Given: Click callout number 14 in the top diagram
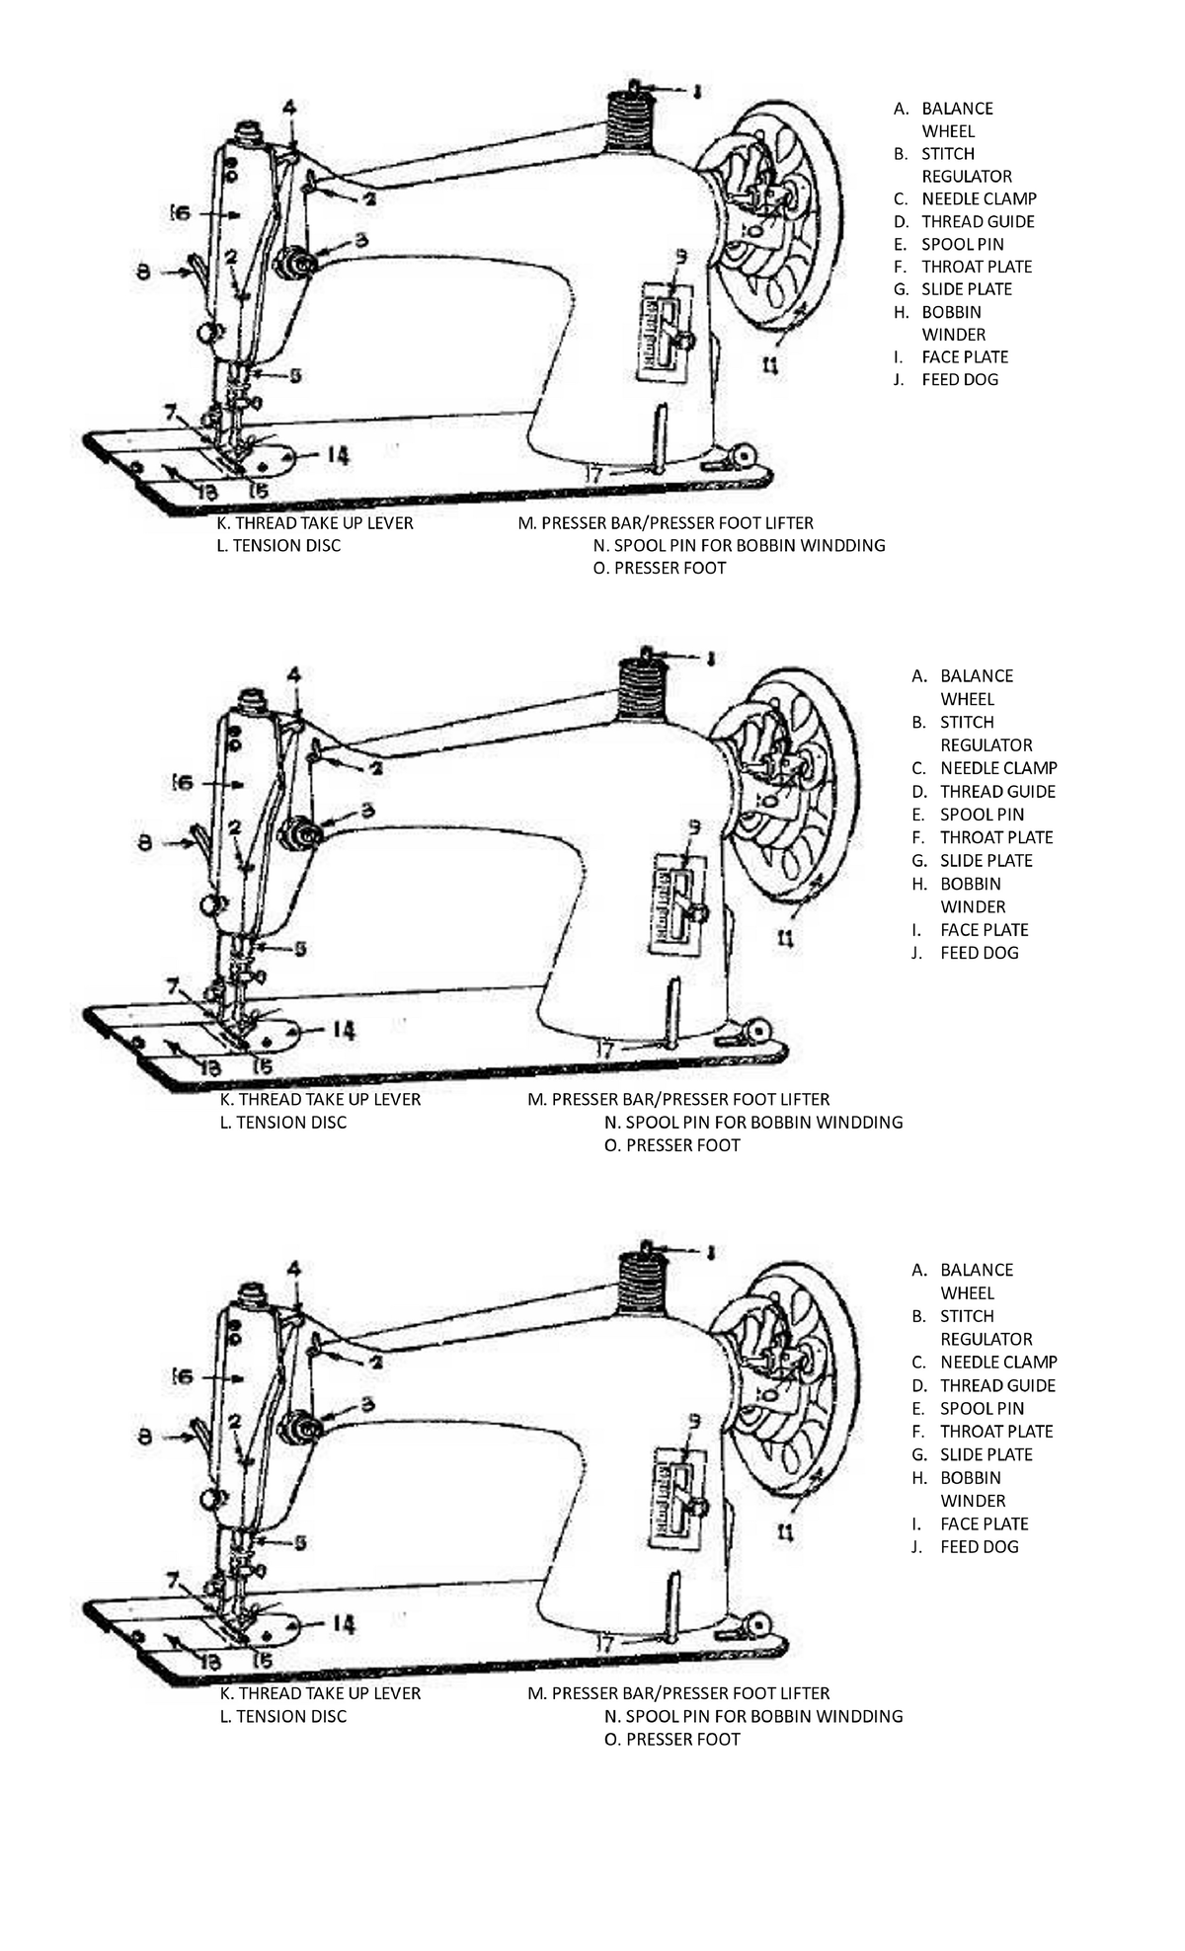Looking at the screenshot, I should [x=337, y=455].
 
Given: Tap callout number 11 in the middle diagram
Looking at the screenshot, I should [x=785, y=939].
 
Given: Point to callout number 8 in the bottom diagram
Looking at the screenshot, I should [x=145, y=1438].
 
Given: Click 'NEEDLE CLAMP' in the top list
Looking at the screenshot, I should [x=979, y=198].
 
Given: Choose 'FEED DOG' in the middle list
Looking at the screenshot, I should [x=979, y=953].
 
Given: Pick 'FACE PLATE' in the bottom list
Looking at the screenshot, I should [x=984, y=1523].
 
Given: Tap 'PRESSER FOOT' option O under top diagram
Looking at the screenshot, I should [x=670, y=568].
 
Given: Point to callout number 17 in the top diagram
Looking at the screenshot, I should [x=594, y=475].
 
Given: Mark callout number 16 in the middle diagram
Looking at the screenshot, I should [x=182, y=782].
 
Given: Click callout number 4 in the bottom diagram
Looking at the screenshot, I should [x=294, y=1269].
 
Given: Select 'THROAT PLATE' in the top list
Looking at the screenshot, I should [x=976, y=267].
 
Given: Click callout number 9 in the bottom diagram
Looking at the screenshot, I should [x=694, y=1420].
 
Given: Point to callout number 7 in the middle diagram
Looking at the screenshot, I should [x=172, y=985].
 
